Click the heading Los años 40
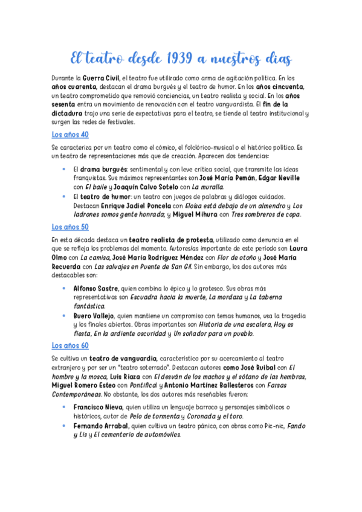[x=70, y=135]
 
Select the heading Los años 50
[x=70, y=227]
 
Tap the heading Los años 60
[x=70, y=345]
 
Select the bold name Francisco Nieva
[x=99, y=408]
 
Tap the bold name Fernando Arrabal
[x=100, y=426]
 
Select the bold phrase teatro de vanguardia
[x=123, y=359]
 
